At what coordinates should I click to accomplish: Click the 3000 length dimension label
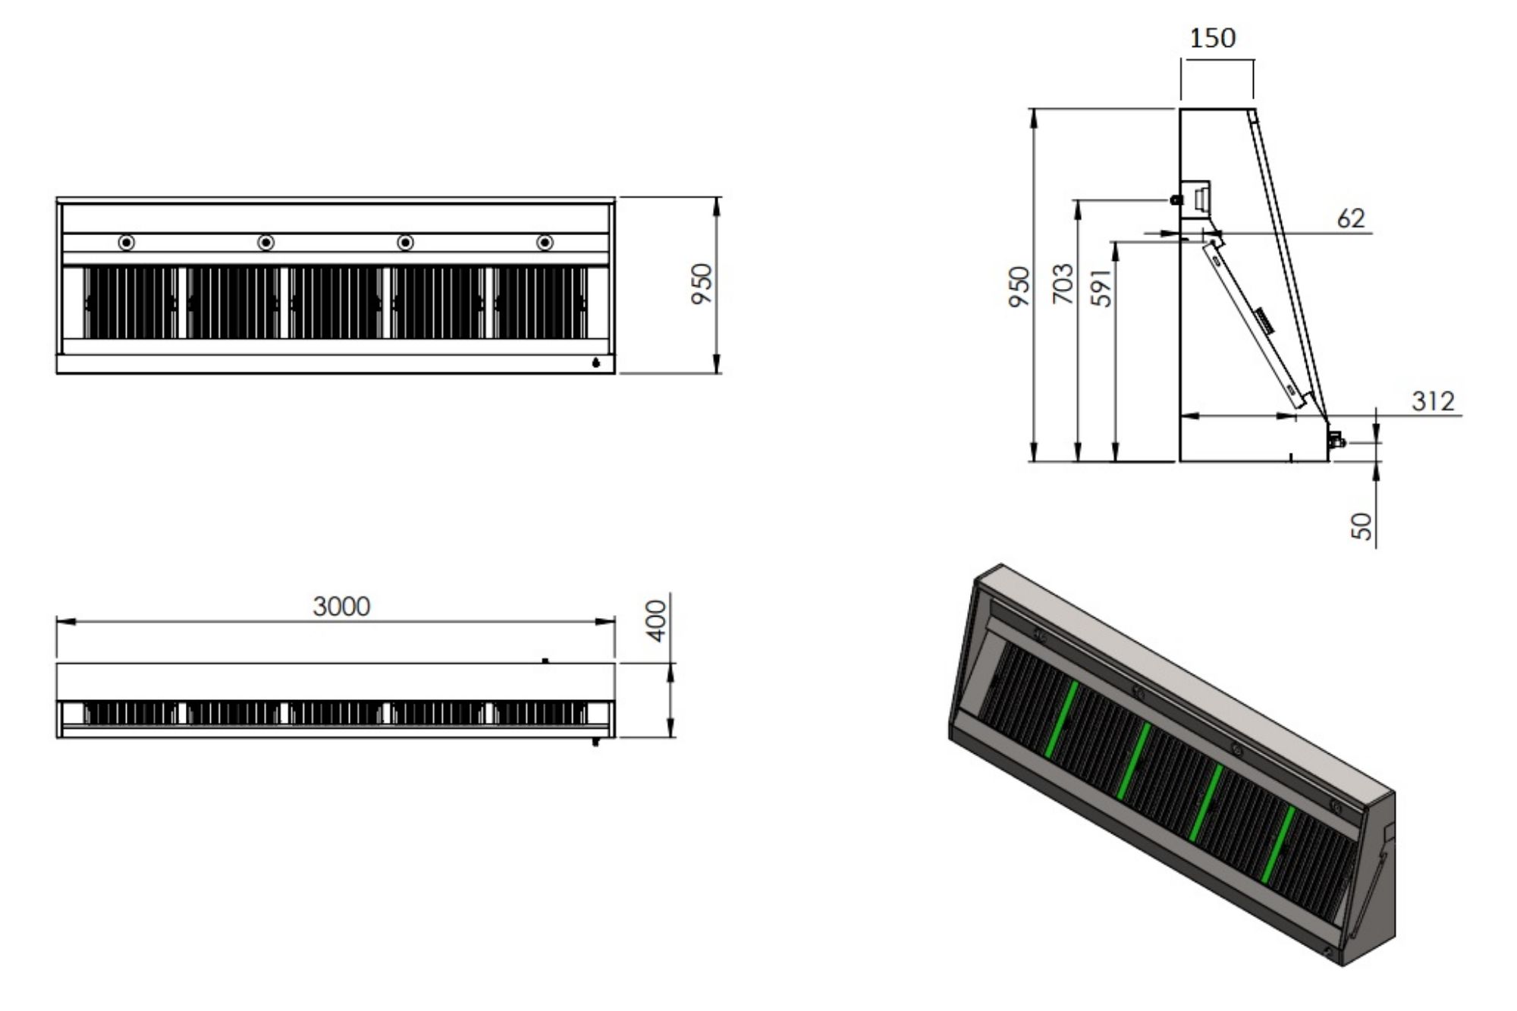(x=341, y=606)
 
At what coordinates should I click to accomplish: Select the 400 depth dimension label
(x=658, y=620)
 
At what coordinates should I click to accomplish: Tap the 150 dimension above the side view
(x=1212, y=37)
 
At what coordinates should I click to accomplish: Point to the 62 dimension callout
(x=1351, y=218)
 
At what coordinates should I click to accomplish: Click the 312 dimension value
(x=1433, y=400)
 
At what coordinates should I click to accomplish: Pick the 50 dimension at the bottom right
(x=1362, y=526)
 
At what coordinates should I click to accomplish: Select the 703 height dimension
(x=1063, y=284)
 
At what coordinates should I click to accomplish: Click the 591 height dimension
(x=1101, y=287)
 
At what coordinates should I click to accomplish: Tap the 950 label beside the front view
(x=702, y=284)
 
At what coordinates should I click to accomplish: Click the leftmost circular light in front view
(x=127, y=243)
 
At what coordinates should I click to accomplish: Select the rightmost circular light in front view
(x=545, y=243)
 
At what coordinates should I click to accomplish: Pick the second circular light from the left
(x=265, y=243)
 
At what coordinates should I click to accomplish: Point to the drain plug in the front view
(x=595, y=363)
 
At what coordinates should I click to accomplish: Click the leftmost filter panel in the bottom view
(x=130, y=713)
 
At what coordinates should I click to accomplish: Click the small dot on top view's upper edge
(x=545, y=661)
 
